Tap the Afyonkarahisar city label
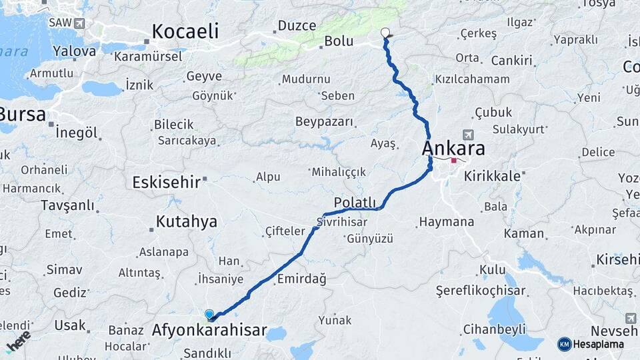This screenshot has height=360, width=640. point(209,330)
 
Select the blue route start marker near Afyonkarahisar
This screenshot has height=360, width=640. point(209,314)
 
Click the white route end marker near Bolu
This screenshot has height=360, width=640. point(385,32)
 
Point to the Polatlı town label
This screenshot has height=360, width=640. point(355,203)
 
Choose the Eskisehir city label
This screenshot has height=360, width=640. point(166,182)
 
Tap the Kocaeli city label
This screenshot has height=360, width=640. point(185,31)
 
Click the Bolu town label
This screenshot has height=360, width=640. point(338,41)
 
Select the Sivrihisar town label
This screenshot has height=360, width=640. point(342,221)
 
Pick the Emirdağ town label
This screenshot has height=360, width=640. point(301,279)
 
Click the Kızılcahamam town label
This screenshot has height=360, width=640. point(472,79)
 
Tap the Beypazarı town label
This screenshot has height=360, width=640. point(325,121)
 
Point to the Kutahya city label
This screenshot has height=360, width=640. point(186,221)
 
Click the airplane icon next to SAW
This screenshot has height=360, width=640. point(80,23)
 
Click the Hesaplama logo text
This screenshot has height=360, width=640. point(598,344)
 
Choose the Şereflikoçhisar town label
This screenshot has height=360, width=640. point(480,291)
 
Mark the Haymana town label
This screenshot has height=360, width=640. point(446,222)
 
